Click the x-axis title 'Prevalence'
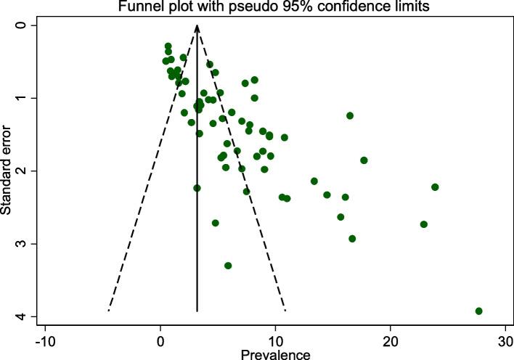pyautogui.click(x=276, y=353)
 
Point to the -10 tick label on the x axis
pyautogui.click(x=45, y=340)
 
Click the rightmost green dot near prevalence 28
pyautogui.click(x=479, y=311)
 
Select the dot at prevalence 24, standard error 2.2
pyautogui.click(x=435, y=187)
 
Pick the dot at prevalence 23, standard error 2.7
pyautogui.click(x=424, y=224)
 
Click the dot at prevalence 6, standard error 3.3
pyautogui.click(x=228, y=266)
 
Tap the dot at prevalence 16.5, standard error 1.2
pyautogui.click(x=350, y=115)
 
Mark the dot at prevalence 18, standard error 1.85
pyautogui.click(x=364, y=160)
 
